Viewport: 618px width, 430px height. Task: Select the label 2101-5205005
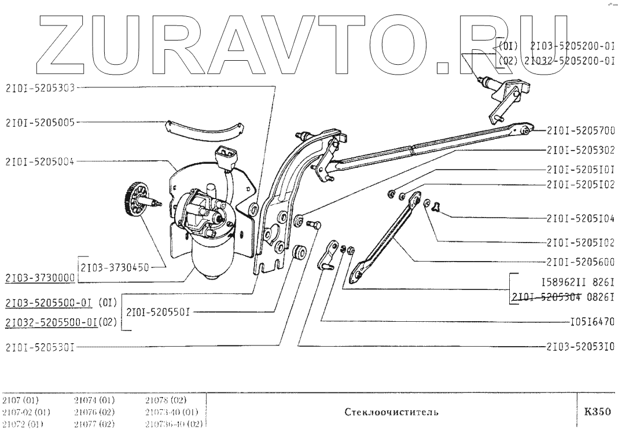[40, 122]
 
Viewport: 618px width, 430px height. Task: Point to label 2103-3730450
[115, 267]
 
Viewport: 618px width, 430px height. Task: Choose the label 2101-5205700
[580, 131]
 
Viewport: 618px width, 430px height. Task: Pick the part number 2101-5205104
[580, 219]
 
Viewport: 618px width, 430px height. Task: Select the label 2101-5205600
[580, 261]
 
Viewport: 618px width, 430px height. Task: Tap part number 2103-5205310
[580, 347]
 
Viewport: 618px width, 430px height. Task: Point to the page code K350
[597, 412]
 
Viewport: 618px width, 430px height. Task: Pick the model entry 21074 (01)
[94, 400]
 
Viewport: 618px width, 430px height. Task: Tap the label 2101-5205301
[40, 348]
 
